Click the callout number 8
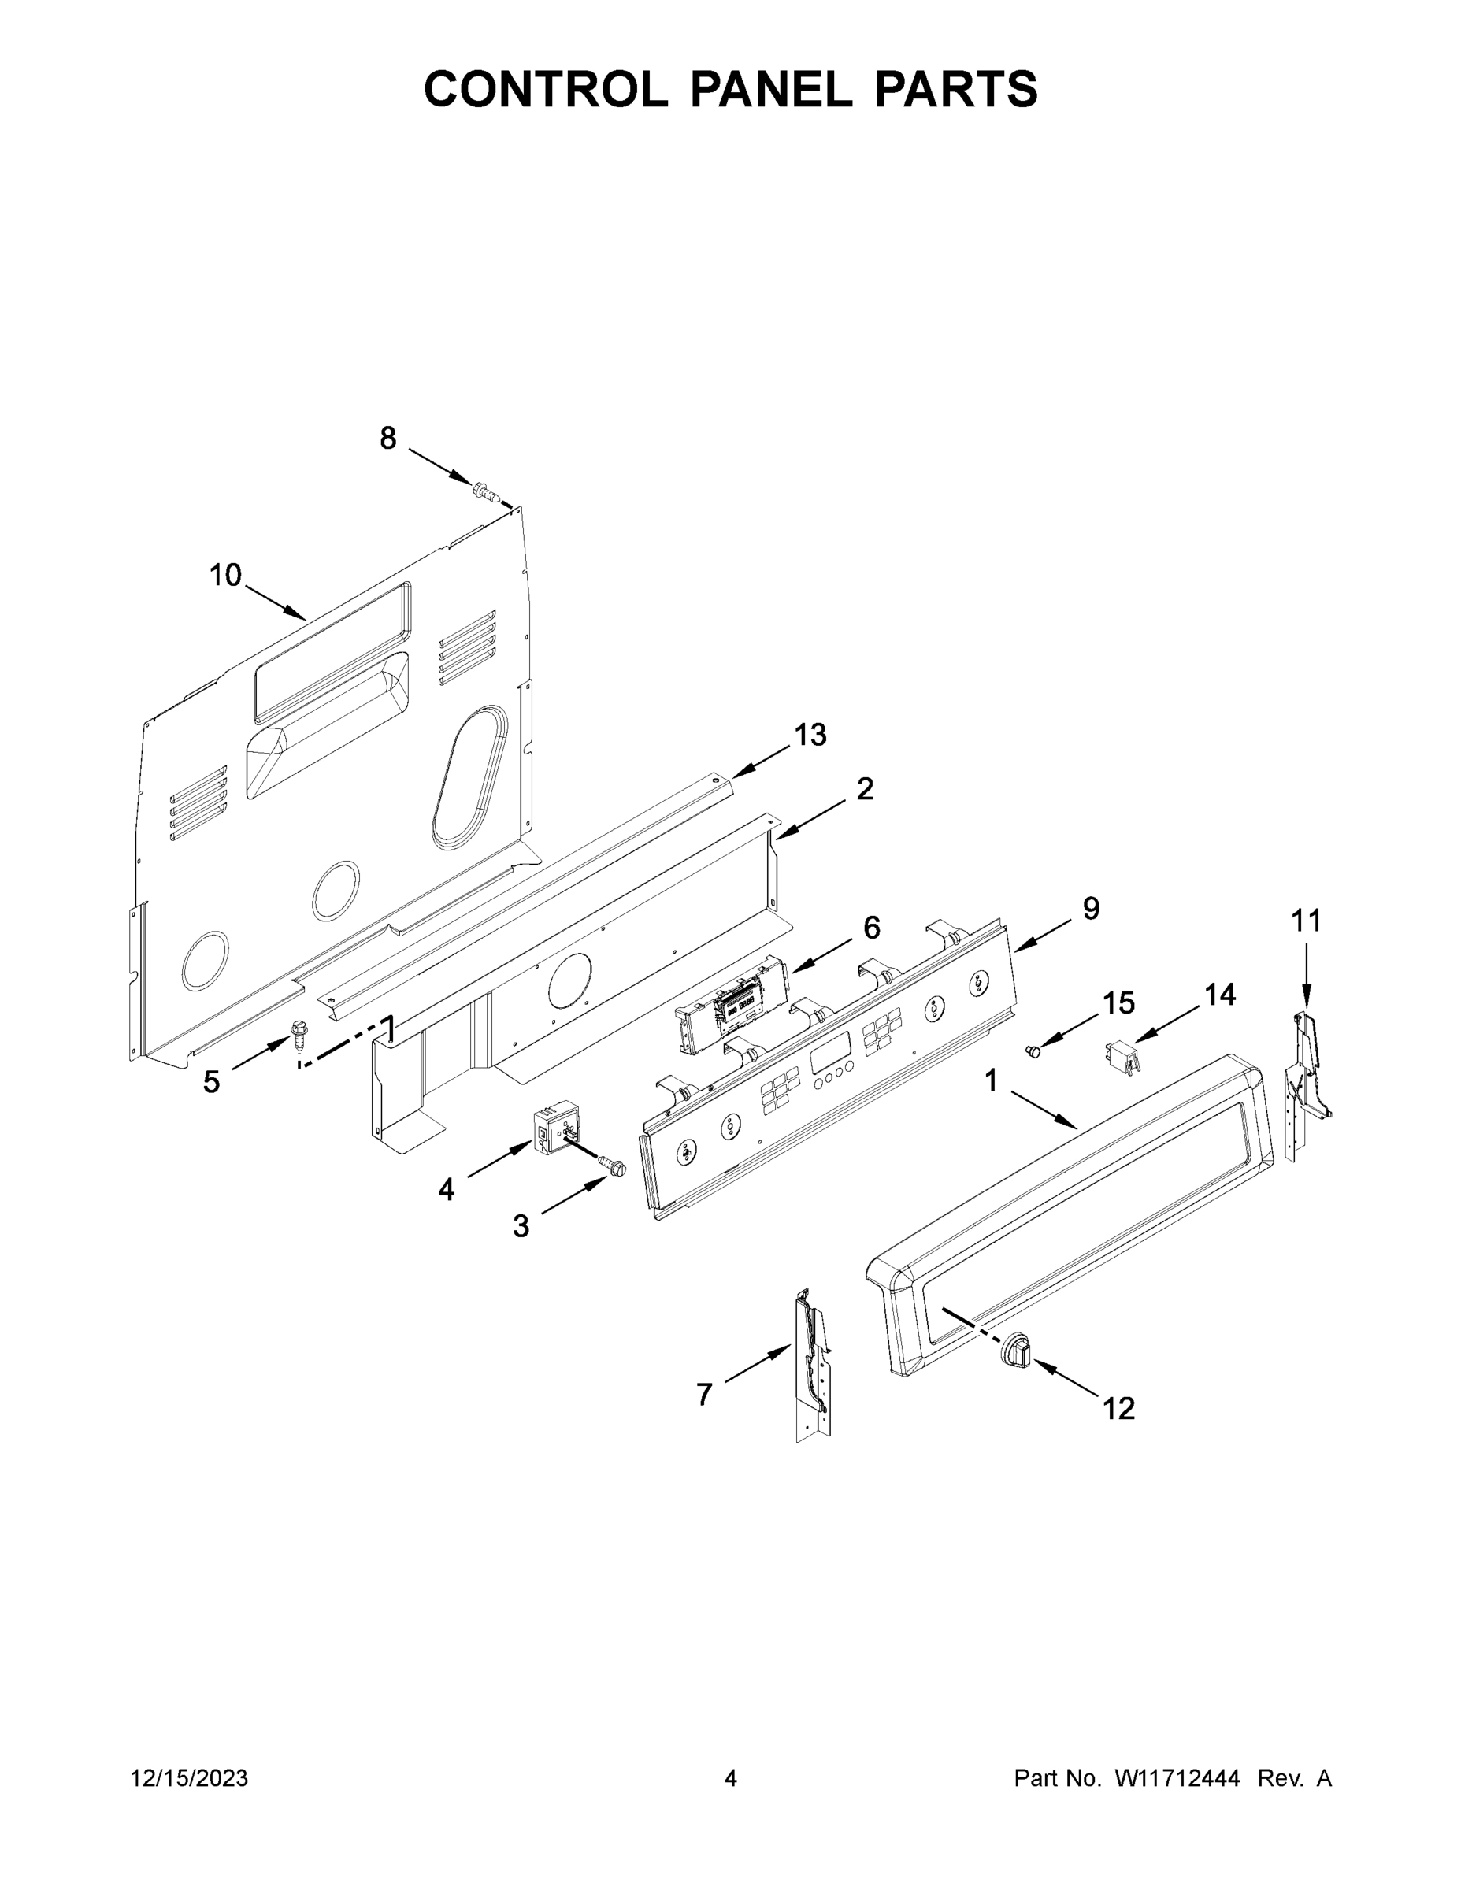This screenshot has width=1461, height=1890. click(x=387, y=439)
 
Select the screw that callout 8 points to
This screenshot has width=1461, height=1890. click(x=488, y=493)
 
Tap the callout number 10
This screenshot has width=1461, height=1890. click(x=226, y=576)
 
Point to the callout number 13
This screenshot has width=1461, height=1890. click(x=810, y=735)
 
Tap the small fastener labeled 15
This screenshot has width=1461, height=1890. click(x=1032, y=1051)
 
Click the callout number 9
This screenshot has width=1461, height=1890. click(x=1091, y=908)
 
